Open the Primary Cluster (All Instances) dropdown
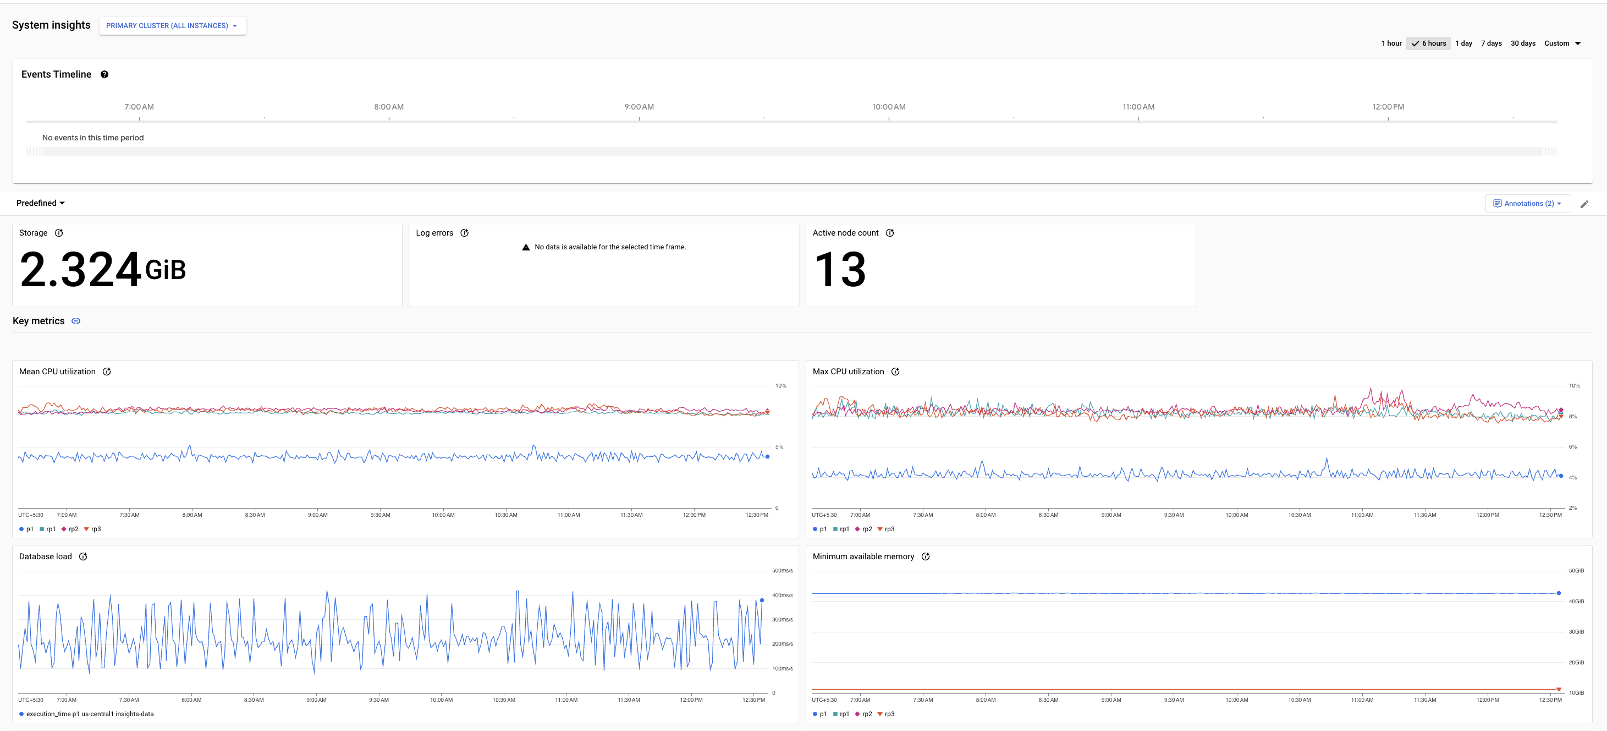[172, 25]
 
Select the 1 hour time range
[1391, 43]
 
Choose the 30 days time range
[1523, 43]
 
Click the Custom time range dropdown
[1562, 43]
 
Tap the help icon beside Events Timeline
[105, 74]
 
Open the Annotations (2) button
[1528, 204]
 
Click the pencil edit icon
[1584, 204]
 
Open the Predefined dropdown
[41, 203]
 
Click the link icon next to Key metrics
[76, 321]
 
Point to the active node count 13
[840, 270]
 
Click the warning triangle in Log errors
[526, 247]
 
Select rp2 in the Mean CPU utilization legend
[70, 530]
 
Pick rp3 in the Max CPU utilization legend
[886, 530]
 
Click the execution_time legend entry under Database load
[87, 714]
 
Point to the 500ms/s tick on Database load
[782, 571]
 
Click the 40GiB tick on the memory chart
[1576, 602]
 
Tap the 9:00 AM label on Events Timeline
[639, 107]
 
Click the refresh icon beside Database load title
[84, 557]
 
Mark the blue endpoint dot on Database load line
[762, 601]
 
